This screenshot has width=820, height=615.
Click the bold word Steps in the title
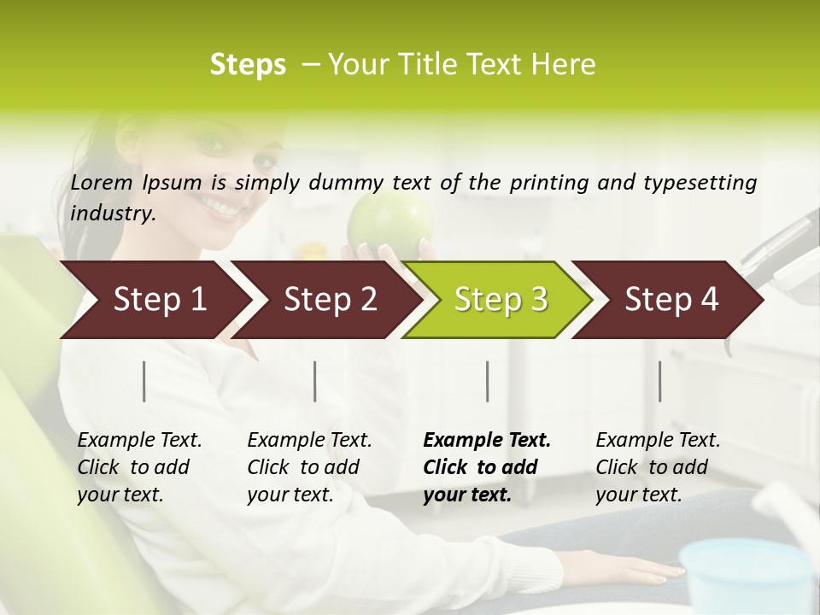(x=248, y=65)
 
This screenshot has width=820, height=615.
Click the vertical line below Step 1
(x=144, y=381)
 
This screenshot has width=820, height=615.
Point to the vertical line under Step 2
(x=315, y=381)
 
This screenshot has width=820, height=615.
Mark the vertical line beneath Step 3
(x=487, y=381)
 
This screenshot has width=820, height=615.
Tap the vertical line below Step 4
(x=659, y=381)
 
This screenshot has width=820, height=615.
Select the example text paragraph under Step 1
(x=139, y=467)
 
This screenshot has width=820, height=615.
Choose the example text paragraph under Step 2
(x=309, y=467)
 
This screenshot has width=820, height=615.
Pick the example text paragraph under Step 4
(x=658, y=467)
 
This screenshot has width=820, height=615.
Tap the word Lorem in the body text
(x=102, y=182)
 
